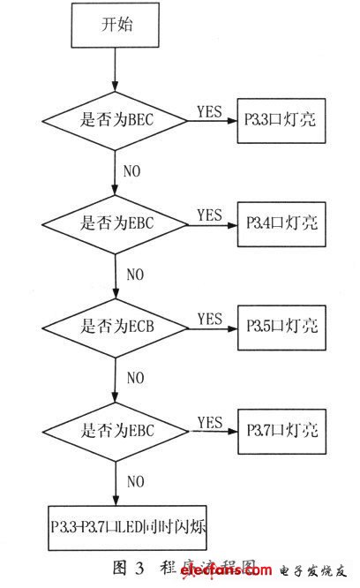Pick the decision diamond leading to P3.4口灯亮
tap(116, 226)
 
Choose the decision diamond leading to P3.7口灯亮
tap(116, 432)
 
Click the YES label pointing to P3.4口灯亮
tap(209, 215)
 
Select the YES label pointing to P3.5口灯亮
tap(209, 317)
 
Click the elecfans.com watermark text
tap(232, 574)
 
